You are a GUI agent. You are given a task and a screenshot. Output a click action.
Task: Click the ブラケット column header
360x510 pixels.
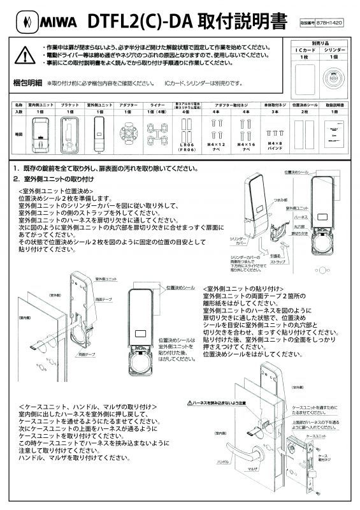click(70, 104)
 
